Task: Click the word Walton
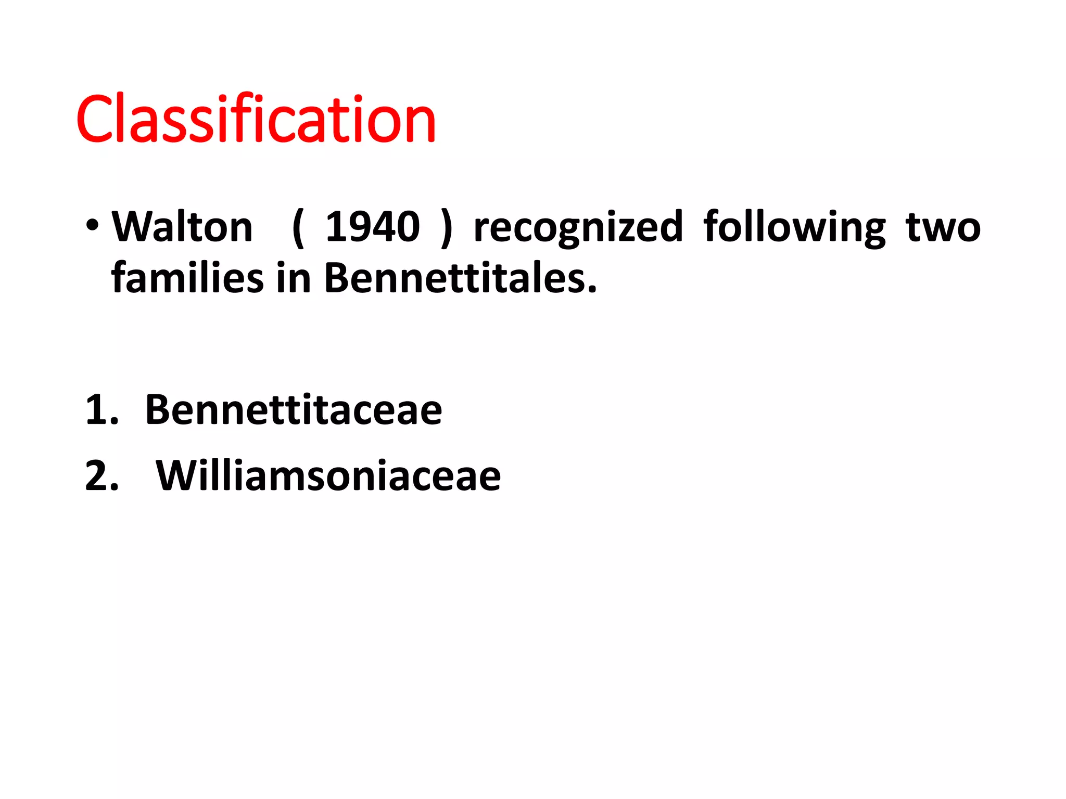click(x=182, y=227)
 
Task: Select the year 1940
click(x=372, y=227)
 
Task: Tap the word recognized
click(x=578, y=228)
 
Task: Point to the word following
click(x=794, y=228)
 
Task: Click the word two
click(x=943, y=228)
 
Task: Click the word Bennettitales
click(x=458, y=277)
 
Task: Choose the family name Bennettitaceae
click(x=294, y=410)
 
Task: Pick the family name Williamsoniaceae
click(x=328, y=475)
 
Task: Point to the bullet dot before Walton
click(x=93, y=226)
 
